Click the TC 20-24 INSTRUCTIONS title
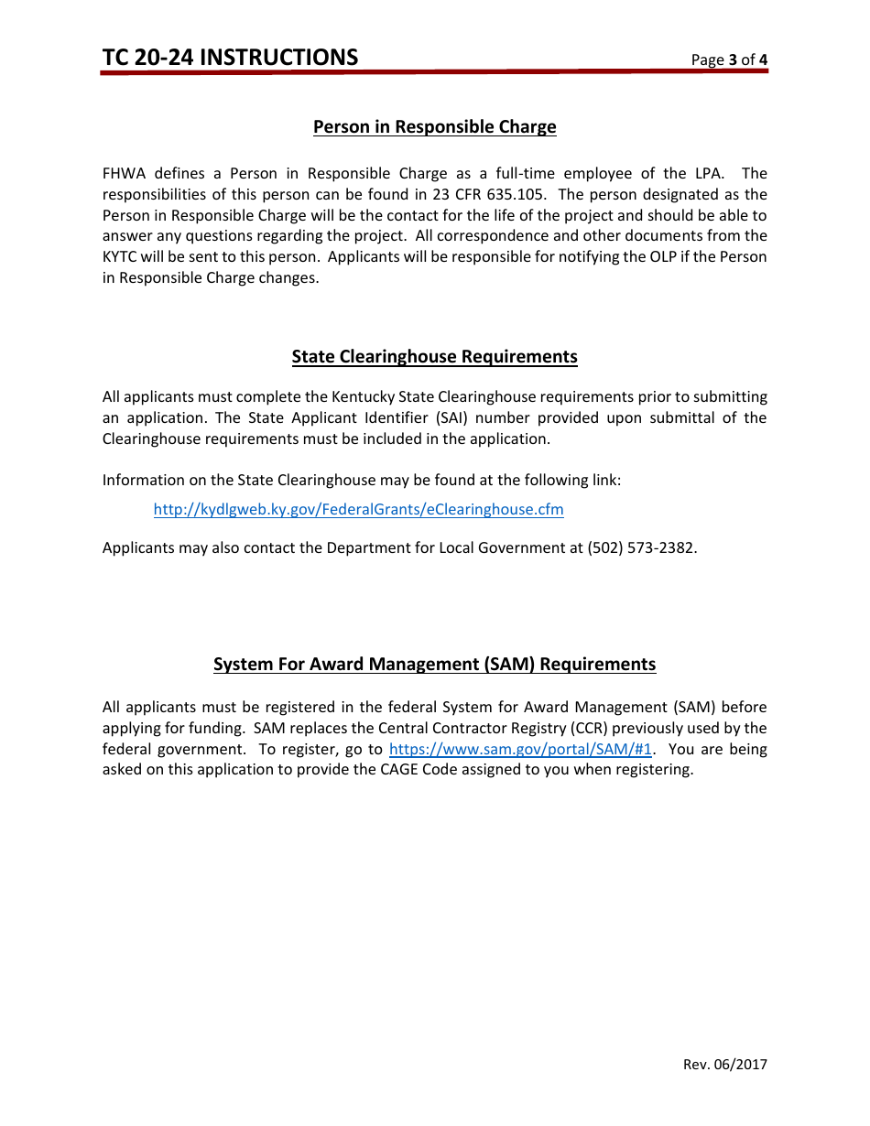click(230, 58)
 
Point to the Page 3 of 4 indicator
click(729, 60)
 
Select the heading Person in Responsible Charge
click(434, 127)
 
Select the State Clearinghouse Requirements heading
click(434, 357)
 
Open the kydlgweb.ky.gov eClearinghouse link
click(358, 510)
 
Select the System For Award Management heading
click(434, 665)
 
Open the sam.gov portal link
click(520, 750)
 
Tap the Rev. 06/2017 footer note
click(725, 1065)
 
